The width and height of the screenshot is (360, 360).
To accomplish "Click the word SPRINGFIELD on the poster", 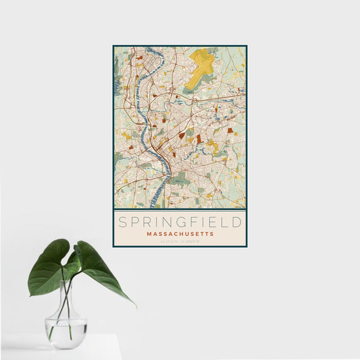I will (180, 222).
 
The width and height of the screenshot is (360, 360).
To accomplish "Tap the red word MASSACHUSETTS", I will (180, 233).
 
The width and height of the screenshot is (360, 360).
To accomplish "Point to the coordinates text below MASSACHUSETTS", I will (180, 241).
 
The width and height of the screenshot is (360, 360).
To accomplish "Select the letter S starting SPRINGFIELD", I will (122, 222).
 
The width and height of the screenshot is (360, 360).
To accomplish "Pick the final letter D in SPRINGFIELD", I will (238, 222).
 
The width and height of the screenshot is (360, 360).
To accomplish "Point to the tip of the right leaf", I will (134, 305).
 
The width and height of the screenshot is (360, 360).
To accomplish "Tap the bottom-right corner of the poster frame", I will (247, 247).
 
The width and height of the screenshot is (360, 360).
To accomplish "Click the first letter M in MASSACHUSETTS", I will (148, 233).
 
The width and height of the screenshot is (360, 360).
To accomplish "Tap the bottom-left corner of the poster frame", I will (113, 247).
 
